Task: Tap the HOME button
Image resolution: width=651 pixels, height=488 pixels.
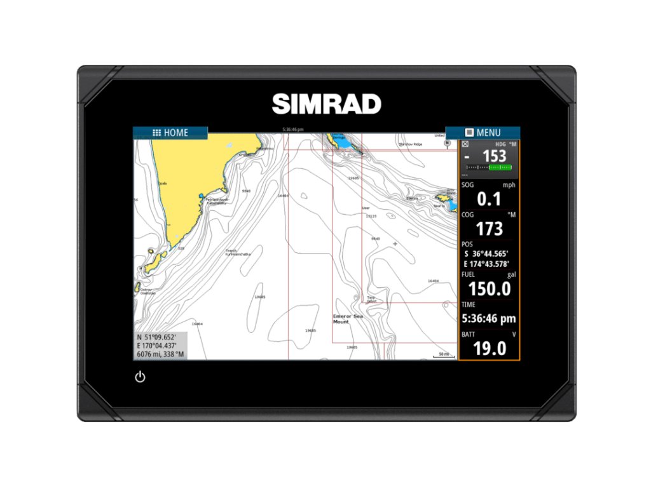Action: pyautogui.click(x=170, y=133)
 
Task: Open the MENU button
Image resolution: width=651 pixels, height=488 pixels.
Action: pyautogui.click(x=483, y=133)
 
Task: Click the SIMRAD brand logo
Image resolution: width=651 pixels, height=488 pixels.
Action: pyautogui.click(x=326, y=104)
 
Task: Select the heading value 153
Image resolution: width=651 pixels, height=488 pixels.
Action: pyautogui.click(x=494, y=156)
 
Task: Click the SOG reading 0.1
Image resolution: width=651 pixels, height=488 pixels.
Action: pyautogui.click(x=489, y=199)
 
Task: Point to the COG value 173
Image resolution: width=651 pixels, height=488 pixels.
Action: pyautogui.click(x=489, y=229)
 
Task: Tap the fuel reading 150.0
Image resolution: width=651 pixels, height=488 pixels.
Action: pyautogui.click(x=489, y=288)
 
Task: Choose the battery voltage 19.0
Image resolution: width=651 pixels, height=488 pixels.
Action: pyautogui.click(x=489, y=348)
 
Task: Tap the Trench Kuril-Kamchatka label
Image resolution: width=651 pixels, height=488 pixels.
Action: pyautogui.click(x=236, y=252)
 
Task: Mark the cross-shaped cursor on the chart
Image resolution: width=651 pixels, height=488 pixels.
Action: pyautogui.click(x=395, y=244)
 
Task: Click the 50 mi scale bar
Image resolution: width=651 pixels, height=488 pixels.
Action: pyautogui.click(x=443, y=355)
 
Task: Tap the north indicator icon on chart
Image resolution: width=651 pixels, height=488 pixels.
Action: pyautogui.click(x=447, y=144)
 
